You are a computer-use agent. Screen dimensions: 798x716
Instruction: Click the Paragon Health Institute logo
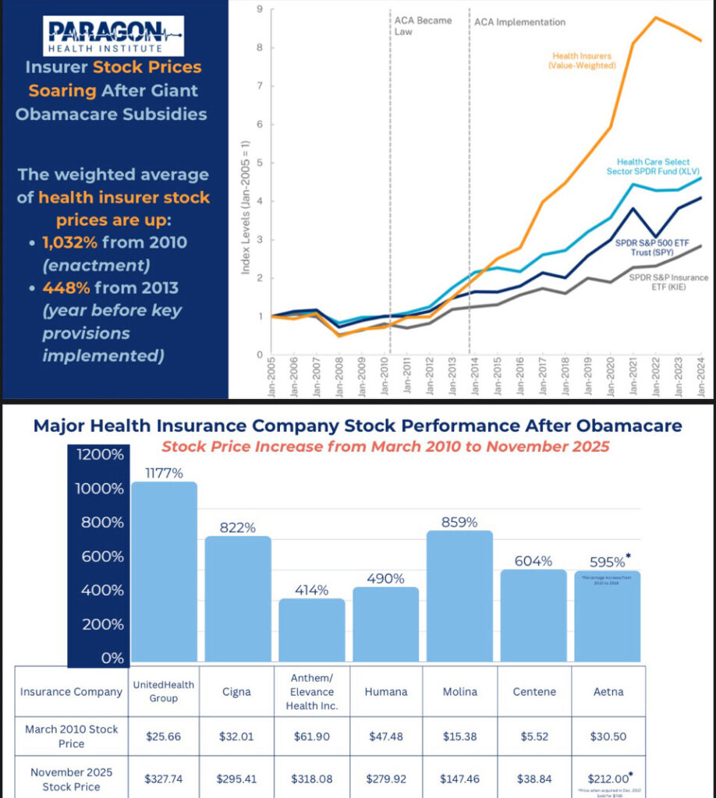click(114, 36)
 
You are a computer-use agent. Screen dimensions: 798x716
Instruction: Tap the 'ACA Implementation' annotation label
click(519, 22)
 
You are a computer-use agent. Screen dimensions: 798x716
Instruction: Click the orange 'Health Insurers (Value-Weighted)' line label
click(583, 61)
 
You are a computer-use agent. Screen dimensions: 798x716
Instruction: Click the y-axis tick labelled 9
click(259, 9)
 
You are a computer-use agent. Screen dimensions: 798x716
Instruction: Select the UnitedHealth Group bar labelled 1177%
click(164, 573)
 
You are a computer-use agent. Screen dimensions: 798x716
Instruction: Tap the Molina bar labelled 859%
click(459, 597)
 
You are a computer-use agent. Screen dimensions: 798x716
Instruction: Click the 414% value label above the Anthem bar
click(311, 590)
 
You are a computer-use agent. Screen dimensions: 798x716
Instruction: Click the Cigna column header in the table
click(237, 690)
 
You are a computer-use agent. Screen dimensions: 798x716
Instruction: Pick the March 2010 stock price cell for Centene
click(533, 735)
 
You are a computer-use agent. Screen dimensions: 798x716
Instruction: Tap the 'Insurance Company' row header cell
click(71, 691)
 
